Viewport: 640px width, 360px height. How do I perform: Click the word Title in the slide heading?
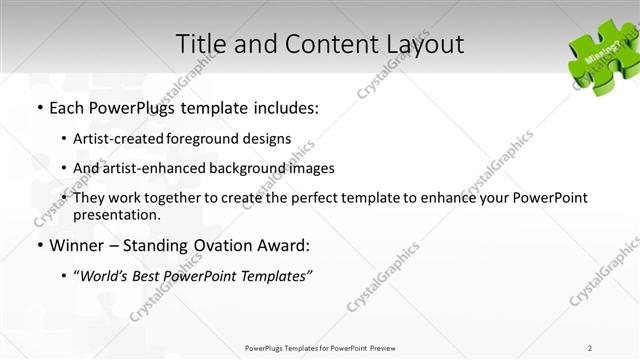point(200,45)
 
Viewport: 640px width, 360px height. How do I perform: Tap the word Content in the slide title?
point(317,45)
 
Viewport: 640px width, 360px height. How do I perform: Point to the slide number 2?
point(590,348)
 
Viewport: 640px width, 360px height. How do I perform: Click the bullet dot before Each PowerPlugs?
point(38,108)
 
